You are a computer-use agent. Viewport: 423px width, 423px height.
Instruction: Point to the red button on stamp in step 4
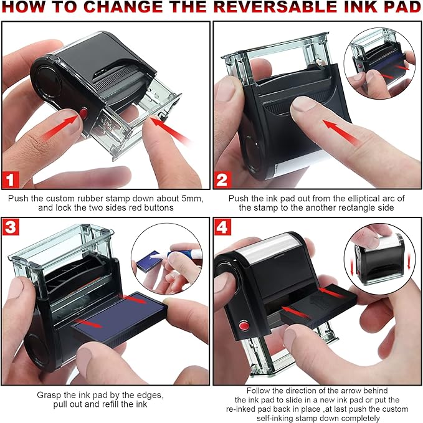click(x=244, y=326)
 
